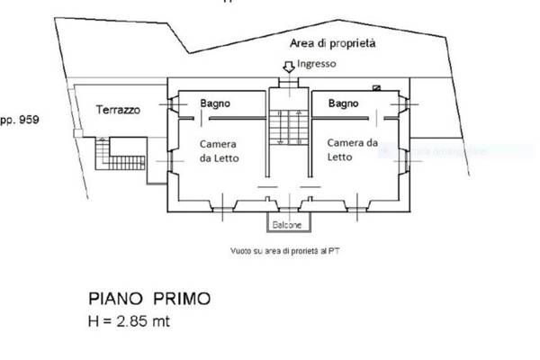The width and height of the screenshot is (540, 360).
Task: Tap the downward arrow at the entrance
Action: click(289, 66)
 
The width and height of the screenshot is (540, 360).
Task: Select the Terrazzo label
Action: click(118, 109)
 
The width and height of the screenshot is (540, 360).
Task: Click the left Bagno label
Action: click(215, 103)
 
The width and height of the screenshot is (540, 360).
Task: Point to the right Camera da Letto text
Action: click(351, 148)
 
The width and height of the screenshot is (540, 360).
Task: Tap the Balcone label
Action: click(289, 224)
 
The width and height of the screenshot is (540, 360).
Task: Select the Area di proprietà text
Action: click(332, 43)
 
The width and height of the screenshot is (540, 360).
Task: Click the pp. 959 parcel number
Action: click(19, 118)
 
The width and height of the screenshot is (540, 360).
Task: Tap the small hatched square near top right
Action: click(376, 87)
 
